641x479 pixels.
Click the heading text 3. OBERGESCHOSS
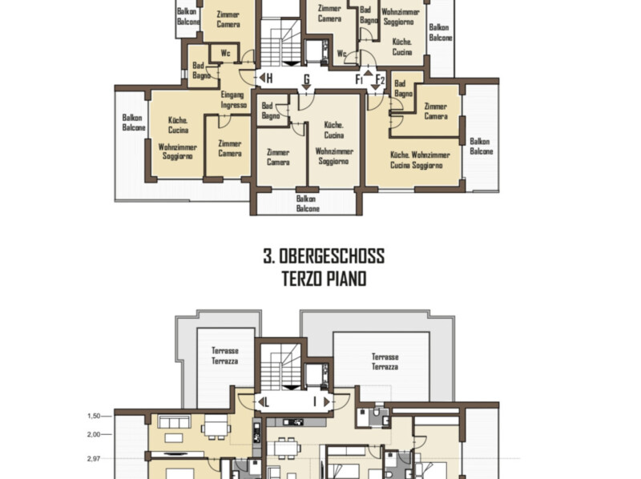(x=324, y=256)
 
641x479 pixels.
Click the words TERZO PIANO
(x=324, y=279)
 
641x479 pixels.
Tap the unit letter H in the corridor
(x=269, y=78)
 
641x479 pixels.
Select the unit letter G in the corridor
(x=307, y=78)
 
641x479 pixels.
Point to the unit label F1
(x=359, y=79)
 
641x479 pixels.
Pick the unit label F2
(x=380, y=79)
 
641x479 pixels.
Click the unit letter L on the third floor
(x=267, y=403)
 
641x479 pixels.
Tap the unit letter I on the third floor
(x=315, y=402)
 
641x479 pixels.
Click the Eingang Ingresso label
(x=234, y=99)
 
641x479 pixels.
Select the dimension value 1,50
(x=94, y=416)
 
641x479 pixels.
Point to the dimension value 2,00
(x=94, y=434)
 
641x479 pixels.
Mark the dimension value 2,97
(x=94, y=459)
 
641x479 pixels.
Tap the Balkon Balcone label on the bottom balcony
(x=308, y=203)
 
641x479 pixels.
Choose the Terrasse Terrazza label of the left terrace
(x=225, y=356)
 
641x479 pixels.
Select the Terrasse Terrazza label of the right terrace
(x=385, y=362)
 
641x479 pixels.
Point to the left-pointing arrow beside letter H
(x=262, y=78)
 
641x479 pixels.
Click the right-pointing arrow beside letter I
(x=327, y=402)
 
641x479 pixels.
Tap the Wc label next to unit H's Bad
(x=225, y=53)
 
